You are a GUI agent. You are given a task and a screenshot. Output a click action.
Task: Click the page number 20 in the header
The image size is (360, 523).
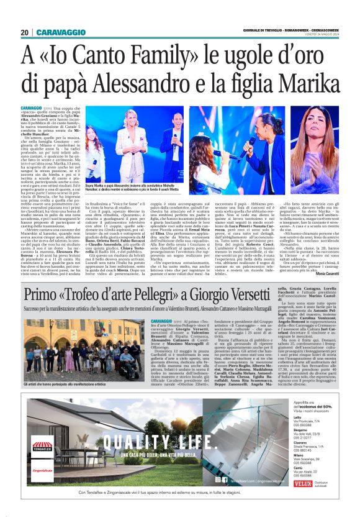pyautogui.click(x=24, y=32)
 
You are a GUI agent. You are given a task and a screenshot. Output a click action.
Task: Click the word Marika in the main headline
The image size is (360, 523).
pyautogui.click(x=298, y=81)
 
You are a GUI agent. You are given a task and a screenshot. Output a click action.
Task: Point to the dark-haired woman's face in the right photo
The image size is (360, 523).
pyautogui.click(x=322, y=125)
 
